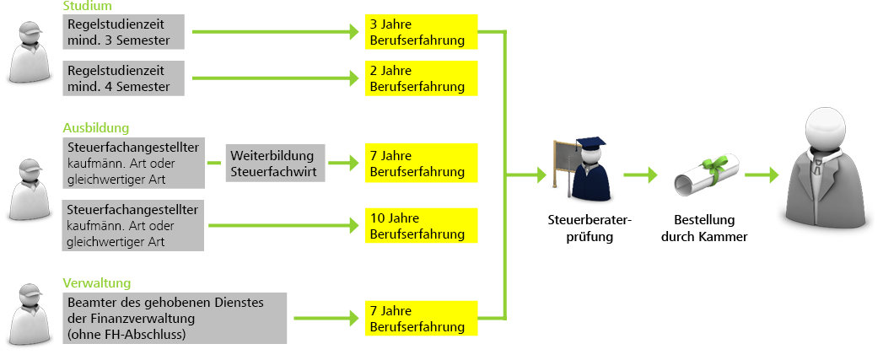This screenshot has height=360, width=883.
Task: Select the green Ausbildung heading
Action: click(95, 128)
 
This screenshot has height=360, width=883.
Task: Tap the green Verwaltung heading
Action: click(96, 283)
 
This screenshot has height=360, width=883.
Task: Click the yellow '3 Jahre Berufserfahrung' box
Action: click(422, 32)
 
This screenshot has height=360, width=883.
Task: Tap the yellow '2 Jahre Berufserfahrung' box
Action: click(422, 78)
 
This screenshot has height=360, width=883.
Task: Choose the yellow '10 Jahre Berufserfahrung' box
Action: click(422, 225)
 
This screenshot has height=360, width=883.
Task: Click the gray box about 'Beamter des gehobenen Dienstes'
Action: click(175, 318)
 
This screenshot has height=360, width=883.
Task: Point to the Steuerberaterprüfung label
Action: click(589, 228)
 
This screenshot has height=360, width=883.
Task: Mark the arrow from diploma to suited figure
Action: click(762, 175)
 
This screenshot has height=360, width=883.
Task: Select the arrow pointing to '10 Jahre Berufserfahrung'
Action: click(283, 225)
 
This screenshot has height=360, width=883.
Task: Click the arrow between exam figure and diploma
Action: click(641, 175)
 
